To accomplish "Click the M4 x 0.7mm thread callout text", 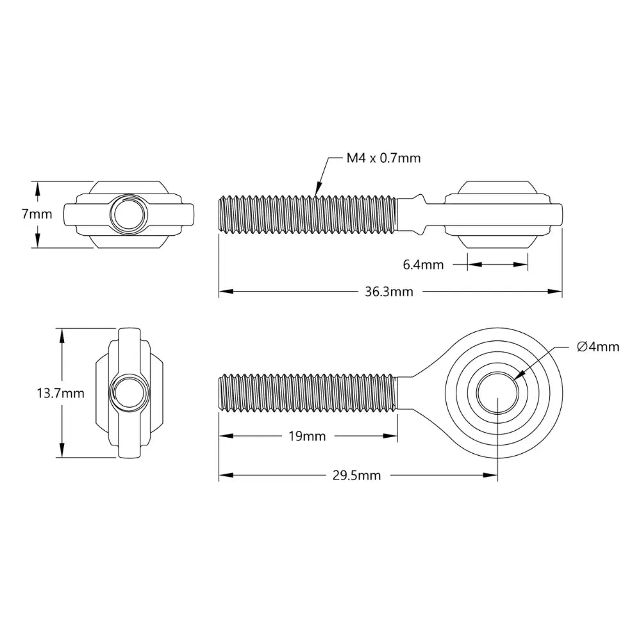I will [383, 158].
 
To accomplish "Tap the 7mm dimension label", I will [37, 214].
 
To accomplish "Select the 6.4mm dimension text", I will [423, 264].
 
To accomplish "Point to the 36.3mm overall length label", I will [388, 292].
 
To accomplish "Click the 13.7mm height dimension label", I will [60, 393].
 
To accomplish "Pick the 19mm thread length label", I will [307, 437].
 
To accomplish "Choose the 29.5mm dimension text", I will [356, 475].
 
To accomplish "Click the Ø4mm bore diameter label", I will [598, 347].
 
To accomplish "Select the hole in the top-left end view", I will [128, 214].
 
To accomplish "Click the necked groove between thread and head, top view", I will [421, 214].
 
